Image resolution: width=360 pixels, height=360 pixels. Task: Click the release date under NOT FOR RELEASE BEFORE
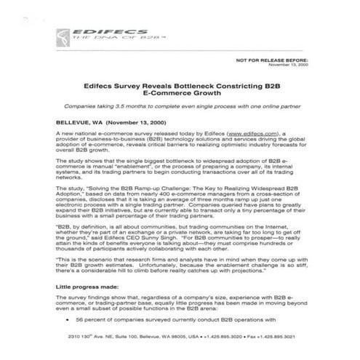click(x=309, y=65)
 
